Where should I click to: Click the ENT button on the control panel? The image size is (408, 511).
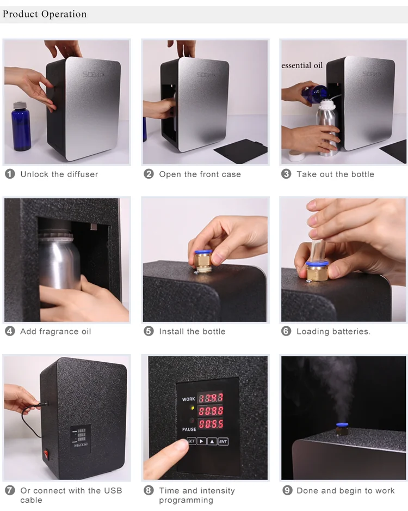(x=223, y=442)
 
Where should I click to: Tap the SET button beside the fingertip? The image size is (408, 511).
(x=191, y=441)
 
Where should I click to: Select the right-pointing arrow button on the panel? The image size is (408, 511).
(x=202, y=442)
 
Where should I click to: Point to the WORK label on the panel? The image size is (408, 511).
(x=189, y=399)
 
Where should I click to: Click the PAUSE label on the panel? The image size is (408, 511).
(x=189, y=429)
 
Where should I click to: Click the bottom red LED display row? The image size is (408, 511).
(x=210, y=424)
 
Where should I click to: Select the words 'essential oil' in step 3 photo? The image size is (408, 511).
(x=302, y=65)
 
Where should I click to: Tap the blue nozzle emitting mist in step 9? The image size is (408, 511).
(x=342, y=425)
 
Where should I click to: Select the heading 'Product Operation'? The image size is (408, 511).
(x=45, y=14)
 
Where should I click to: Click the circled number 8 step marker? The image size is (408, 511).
(x=149, y=490)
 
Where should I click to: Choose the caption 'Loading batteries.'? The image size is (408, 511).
(x=333, y=331)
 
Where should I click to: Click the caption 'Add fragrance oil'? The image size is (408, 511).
(x=55, y=331)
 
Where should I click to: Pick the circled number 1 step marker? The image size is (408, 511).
(x=10, y=174)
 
